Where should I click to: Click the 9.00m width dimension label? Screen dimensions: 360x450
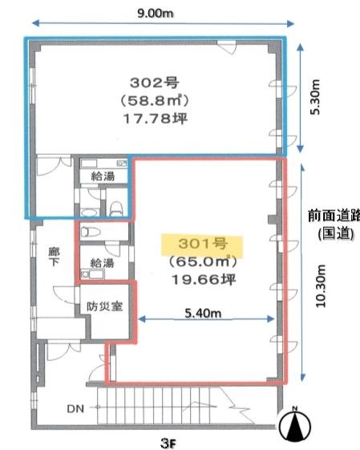coord(156,13)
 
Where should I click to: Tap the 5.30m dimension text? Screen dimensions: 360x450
coord(315,97)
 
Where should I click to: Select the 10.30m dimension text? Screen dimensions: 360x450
coord(321,286)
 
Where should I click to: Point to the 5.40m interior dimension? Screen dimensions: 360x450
coord(203,313)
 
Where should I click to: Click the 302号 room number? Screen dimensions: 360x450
coord(154,83)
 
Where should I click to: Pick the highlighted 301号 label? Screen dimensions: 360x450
coord(203,244)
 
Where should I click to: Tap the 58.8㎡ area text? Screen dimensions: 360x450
coord(154,100)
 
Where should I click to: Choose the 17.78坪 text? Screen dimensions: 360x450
coord(156,118)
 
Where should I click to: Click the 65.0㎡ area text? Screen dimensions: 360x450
coord(203,261)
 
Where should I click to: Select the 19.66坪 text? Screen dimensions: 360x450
coord(204,279)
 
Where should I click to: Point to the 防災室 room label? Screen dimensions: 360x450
coord(105,306)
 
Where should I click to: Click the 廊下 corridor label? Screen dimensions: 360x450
coord(54,257)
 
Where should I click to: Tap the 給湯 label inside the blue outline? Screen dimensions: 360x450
coord(103,176)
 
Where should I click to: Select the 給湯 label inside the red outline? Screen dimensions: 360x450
coord(102,263)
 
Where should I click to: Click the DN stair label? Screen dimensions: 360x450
coord(75,408)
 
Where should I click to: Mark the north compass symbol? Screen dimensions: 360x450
coord(295,425)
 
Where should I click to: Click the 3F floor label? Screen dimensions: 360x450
coord(168,444)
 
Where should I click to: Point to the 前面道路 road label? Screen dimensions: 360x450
coord(334,216)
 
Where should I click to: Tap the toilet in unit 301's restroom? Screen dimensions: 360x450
coord(91,231)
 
